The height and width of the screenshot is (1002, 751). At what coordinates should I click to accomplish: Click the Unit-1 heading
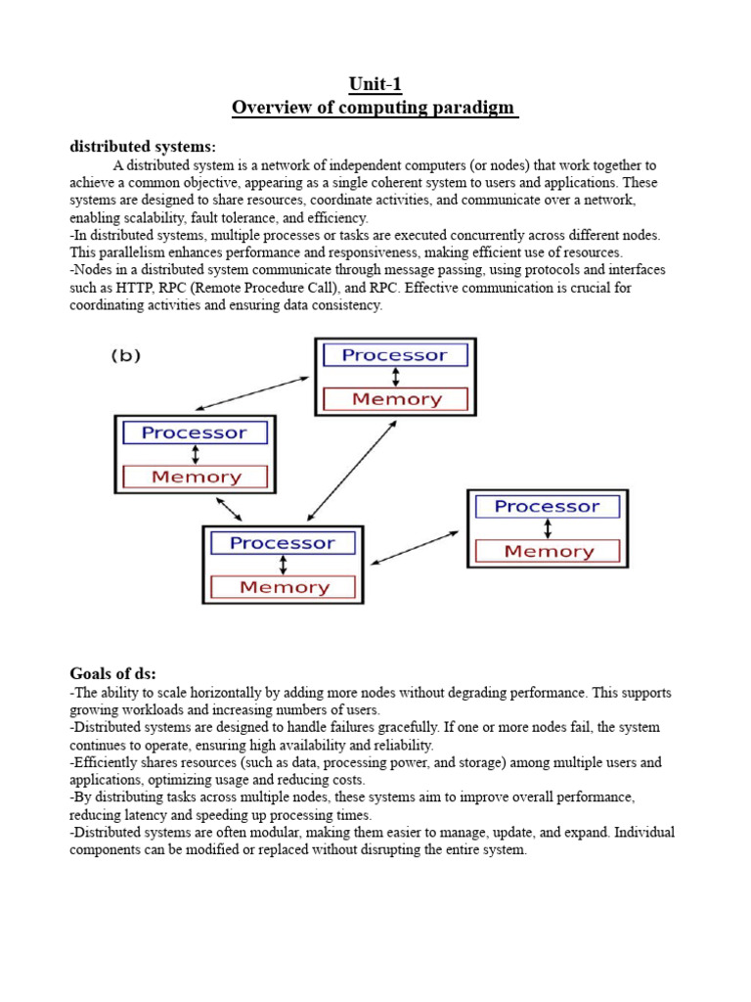pos(375,85)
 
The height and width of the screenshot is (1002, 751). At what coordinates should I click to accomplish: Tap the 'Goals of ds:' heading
pos(112,673)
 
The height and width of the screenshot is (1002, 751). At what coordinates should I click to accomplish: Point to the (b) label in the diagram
pos(124,356)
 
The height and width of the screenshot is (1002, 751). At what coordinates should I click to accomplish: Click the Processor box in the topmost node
pos(395,355)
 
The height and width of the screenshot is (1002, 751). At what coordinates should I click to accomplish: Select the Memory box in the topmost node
pos(395,399)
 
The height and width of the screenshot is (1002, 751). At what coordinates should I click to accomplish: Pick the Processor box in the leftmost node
pos(195,433)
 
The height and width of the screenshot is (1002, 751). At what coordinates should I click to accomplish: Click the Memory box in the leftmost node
pos(196,478)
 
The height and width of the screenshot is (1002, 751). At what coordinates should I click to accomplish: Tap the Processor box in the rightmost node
pos(547,506)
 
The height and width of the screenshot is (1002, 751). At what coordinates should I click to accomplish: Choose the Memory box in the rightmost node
pos(548,552)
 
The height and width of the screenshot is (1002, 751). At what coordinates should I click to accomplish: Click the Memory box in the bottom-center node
pos(283,587)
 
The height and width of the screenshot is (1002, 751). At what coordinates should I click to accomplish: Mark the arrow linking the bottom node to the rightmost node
pos(415,548)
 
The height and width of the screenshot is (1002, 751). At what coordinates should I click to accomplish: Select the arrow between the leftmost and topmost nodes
pos(254,395)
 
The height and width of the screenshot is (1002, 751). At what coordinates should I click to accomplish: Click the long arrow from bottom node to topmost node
pos(351,471)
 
